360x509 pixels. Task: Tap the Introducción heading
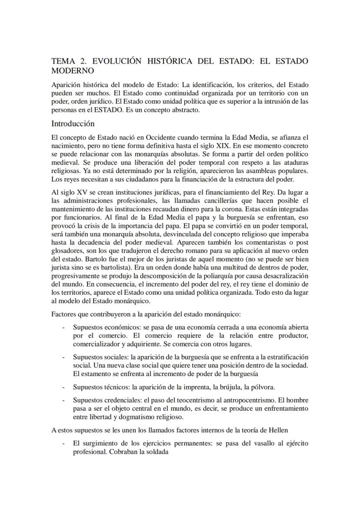[73, 123]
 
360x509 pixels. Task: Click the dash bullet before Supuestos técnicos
[64, 387]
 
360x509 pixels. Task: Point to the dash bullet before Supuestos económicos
[64, 327]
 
